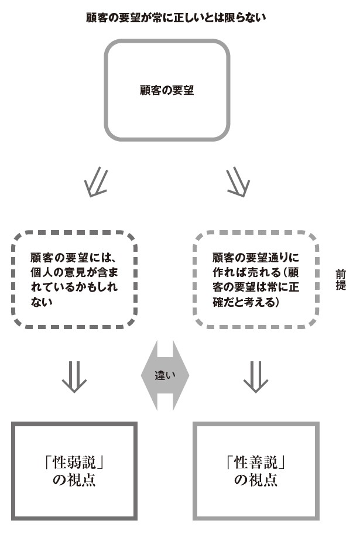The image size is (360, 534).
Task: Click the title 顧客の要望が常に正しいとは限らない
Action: point(176,18)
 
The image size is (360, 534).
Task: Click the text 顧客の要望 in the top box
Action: point(167,90)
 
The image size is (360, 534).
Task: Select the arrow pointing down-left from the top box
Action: point(97,182)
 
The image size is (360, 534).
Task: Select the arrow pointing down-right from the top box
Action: point(238,182)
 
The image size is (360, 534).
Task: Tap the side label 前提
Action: point(341,280)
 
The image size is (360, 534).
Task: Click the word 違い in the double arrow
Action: point(165,375)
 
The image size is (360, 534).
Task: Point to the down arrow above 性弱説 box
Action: point(74,377)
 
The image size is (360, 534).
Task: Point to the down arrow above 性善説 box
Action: point(256,377)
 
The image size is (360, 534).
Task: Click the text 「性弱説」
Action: point(74,463)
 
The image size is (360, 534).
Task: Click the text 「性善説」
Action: point(256,463)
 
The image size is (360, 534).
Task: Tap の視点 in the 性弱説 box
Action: point(74,480)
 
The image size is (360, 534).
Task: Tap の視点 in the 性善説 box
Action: point(256,480)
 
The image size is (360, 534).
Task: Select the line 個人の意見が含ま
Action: point(74,272)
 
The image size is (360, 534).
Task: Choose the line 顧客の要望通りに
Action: point(256,258)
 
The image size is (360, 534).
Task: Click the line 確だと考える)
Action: point(246,302)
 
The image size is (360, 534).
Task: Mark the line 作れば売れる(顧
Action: point(256,272)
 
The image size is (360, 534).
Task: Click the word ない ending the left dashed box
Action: point(42,302)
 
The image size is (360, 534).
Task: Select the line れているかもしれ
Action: point(74,287)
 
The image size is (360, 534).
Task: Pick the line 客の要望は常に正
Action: point(256,287)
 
